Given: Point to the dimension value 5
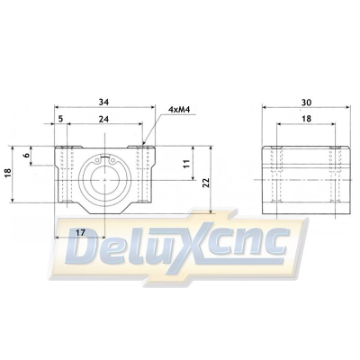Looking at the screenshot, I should (x=60, y=117).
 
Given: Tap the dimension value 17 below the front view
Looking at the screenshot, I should (x=80, y=231).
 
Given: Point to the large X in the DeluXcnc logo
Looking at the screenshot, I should (x=208, y=245).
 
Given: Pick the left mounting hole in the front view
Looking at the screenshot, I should (x=64, y=171).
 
